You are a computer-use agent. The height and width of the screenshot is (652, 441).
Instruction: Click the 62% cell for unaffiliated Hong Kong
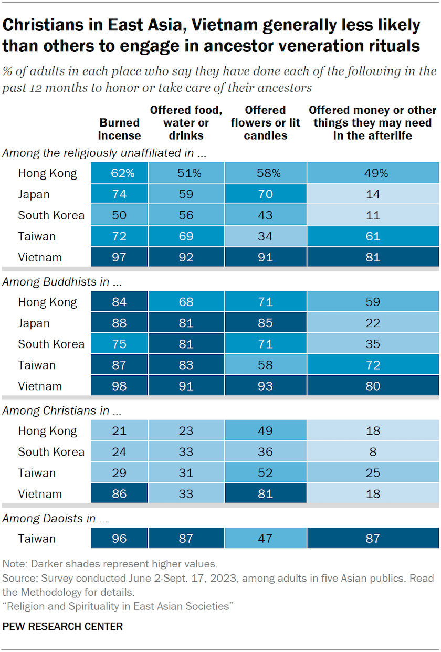[119, 173]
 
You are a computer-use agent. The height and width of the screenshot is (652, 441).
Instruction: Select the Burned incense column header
[120, 129]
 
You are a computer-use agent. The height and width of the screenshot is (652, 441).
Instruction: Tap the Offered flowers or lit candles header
[265, 123]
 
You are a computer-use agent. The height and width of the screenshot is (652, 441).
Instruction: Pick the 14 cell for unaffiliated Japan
[373, 194]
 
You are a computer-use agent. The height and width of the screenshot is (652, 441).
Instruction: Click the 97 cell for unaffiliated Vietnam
[119, 257]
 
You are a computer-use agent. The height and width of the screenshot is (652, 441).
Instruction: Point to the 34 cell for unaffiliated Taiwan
[265, 236]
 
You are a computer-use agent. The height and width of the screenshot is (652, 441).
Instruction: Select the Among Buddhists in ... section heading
[56, 282]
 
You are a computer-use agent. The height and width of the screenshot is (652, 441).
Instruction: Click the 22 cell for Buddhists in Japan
[373, 323]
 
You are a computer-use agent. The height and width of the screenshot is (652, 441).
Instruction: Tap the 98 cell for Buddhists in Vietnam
[119, 386]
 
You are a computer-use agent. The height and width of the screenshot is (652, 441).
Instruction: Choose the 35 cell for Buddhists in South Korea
[373, 344]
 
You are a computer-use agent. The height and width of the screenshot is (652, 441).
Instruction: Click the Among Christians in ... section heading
[56, 411]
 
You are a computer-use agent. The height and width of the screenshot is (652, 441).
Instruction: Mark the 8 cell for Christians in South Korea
[373, 452]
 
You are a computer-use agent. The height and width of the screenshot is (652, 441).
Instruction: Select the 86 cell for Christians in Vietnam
[119, 494]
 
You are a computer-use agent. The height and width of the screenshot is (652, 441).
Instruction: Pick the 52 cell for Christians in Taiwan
[265, 473]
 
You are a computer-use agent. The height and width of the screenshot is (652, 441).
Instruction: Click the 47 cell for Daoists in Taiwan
[265, 539]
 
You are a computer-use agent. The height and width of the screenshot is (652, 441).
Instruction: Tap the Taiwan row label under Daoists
[37, 539]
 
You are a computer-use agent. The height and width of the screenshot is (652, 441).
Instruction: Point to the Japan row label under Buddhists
[34, 323]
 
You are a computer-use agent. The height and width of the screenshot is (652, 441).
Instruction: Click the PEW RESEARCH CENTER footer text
[62, 626]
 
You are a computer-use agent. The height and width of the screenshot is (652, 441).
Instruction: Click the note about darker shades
[109, 564]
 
